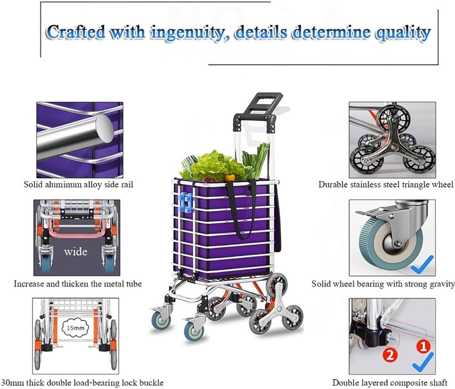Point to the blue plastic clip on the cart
coord(186,204)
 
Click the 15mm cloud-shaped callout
coord(75,328)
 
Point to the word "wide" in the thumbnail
coord(76,251)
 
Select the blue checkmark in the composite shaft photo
coord(423,365)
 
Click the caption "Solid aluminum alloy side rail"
coord(78,185)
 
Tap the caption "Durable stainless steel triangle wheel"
coord(386,185)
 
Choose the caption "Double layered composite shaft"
coord(390,383)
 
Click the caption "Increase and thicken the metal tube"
coord(78,284)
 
